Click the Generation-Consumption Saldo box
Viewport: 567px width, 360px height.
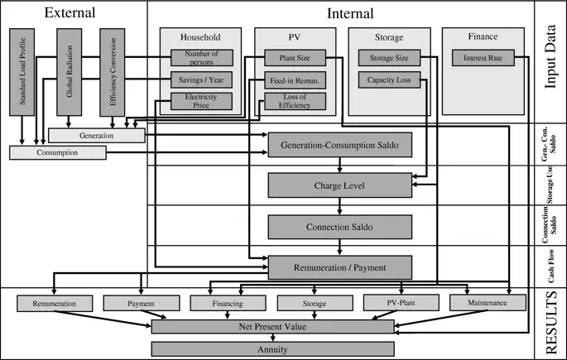pyautogui.click(x=339, y=145)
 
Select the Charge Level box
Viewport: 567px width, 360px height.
pyautogui.click(x=339, y=185)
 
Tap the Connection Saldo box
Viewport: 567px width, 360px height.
pyautogui.click(x=339, y=226)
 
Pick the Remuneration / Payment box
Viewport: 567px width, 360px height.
pyautogui.click(x=339, y=266)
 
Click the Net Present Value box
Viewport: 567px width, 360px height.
pyautogui.click(x=272, y=327)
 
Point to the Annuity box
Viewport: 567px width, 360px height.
pyautogui.click(x=272, y=349)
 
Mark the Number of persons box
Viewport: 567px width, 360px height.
pyautogui.click(x=201, y=58)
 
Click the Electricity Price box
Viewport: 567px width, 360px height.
pyautogui.click(x=201, y=101)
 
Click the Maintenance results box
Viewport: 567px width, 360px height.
pyautogui.click(x=488, y=304)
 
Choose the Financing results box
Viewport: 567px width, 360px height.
pyautogui.click(x=228, y=304)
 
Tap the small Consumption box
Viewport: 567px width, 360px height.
pyautogui.click(x=58, y=153)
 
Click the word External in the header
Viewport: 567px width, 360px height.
pyautogui.click(x=70, y=13)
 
